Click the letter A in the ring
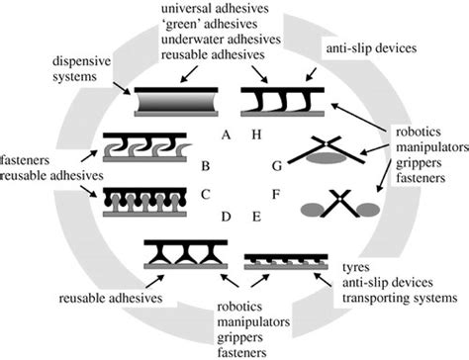(x=224, y=129)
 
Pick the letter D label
(x=227, y=213)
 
